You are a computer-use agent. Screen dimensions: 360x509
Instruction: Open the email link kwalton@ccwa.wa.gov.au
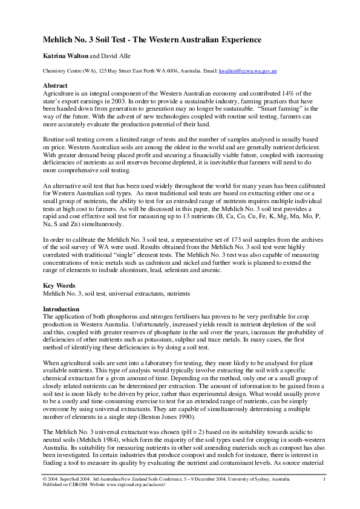tap(248, 71)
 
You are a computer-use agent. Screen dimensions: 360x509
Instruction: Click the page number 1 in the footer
tap(324, 479)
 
